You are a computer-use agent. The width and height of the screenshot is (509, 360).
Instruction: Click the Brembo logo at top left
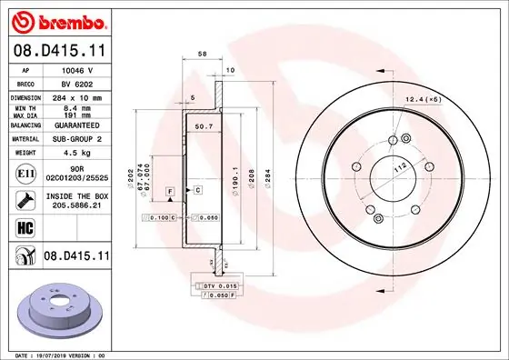[57, 20]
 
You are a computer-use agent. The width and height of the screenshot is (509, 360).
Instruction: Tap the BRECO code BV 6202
[75, 82]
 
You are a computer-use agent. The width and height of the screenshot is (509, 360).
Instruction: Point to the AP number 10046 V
[75, 69]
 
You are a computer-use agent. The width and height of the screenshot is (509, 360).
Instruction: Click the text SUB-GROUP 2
[75, 139]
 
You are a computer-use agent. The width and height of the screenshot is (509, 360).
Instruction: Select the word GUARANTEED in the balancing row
[75, 126]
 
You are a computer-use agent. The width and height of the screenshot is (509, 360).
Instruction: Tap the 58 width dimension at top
[202, 55]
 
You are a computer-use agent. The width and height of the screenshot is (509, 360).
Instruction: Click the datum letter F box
[169, 190]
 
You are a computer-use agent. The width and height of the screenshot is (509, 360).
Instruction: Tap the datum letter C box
[196, 190]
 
